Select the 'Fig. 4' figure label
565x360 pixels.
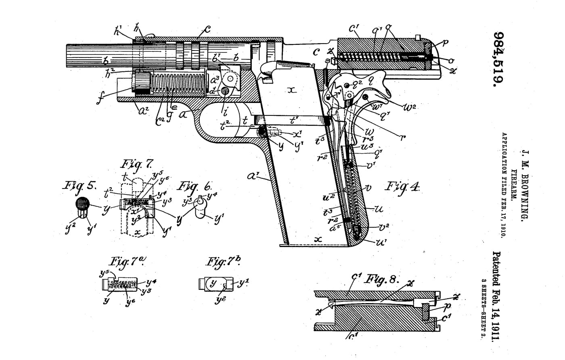(x=402, y=186)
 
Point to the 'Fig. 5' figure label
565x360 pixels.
(x=80, y=186)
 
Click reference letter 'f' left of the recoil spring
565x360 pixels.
(x=100, y=97)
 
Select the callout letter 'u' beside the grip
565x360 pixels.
(x=379, y=209)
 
